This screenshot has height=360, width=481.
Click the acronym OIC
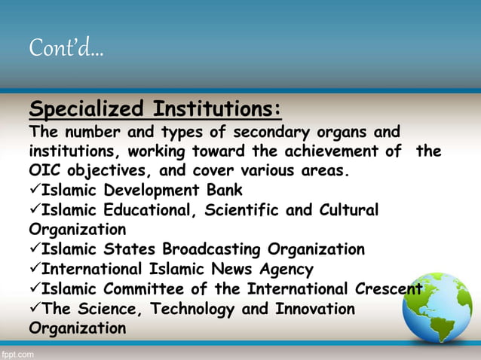click(43, 170)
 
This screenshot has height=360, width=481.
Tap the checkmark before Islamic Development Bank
click(35, 190)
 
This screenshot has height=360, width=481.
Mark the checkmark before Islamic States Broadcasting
click(35, 249)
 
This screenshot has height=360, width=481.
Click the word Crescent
click(389, 288)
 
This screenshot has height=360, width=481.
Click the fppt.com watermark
click(17, 352)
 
